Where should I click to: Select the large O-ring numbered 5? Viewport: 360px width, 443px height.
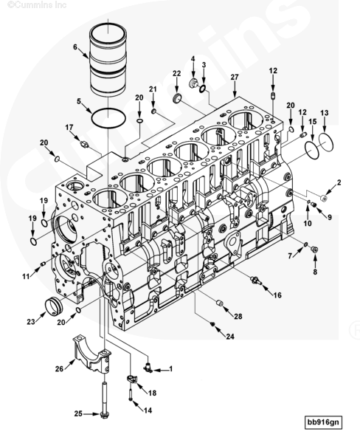point(91,118)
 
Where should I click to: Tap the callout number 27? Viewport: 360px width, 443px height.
point(235,77)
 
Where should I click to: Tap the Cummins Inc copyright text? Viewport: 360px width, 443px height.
point(37,5)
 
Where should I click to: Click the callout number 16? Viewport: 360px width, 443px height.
point(277,295)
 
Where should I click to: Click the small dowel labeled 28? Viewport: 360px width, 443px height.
point(219,303)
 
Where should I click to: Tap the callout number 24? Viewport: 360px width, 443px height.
point(230,336)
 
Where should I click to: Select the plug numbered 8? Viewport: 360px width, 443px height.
point(314,250)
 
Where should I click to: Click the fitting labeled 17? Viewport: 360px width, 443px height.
point(84,145)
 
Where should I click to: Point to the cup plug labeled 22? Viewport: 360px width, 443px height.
point(177,98)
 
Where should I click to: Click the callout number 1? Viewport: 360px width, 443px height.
point(170,368)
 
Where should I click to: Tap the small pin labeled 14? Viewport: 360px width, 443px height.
point(130,394)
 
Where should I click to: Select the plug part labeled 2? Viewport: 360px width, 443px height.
point(324,197)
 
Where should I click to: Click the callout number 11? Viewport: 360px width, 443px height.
point(26,276)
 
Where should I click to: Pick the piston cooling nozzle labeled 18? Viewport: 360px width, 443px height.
point(131,378)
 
